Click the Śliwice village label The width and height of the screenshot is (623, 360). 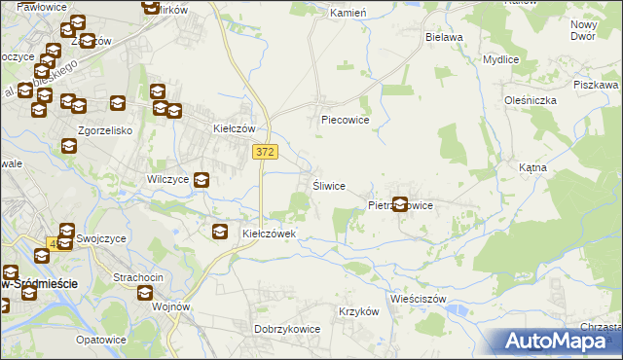[x=328, y=186]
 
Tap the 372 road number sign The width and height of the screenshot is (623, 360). [x=265, y=152]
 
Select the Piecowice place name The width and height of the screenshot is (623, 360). [x=346, y=121]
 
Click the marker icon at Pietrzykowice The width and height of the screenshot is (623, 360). [x=399, y=204]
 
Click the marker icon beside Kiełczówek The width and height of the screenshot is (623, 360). [x=221, y=231]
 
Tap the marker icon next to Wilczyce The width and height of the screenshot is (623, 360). [x=201, y=179]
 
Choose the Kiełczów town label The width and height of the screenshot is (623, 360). [x=234, y=127]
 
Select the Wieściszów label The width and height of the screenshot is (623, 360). [x=417, y=299]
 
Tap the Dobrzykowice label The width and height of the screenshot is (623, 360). [x=287, y=329]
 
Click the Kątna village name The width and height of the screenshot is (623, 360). [x=532, y=167]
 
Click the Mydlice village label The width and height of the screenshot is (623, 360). [x=500, y=58]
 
